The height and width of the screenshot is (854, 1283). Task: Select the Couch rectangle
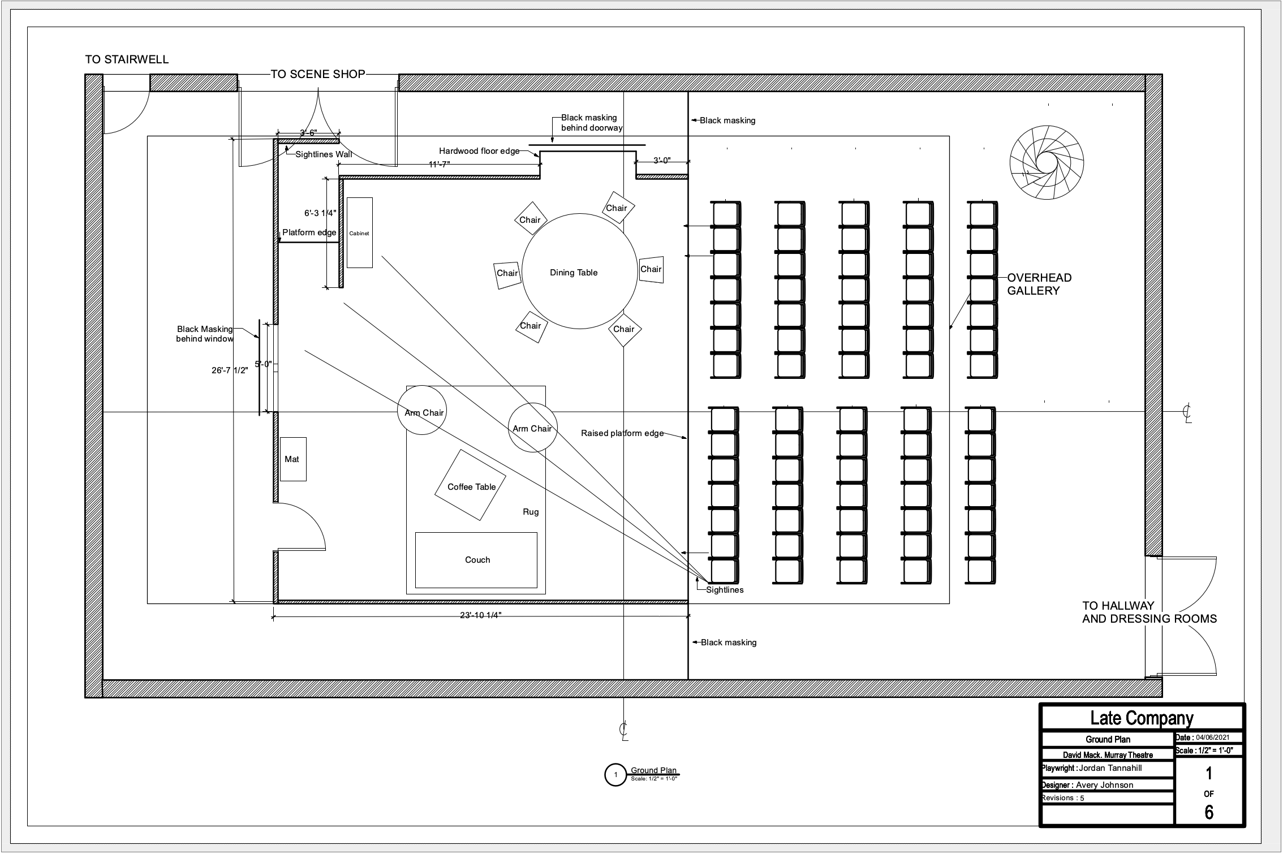click(x=476, y=560)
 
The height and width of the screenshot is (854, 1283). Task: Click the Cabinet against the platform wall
click(x=359, y=233)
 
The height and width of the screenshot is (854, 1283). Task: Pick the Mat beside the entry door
click(x=292, y=459)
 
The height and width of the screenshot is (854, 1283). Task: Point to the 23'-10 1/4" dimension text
click(x=480, y=615)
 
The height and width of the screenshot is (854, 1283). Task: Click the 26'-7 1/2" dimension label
click(x=230, y=370)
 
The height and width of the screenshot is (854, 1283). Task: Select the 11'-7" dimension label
click(x=439, y=165)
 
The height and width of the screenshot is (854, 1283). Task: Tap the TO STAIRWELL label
click(x=127, y=59)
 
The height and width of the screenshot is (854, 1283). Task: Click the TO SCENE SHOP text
click(x=318, y=74)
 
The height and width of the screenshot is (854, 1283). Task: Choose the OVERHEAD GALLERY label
click(x=1039, y=284)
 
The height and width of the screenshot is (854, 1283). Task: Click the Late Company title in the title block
click(x=1142, y=718)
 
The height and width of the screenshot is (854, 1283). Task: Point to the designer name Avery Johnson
click(x=1104, y=785)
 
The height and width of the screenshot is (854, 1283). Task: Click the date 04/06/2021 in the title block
click(x=1212, y=737)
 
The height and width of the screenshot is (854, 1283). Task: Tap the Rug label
click(x=531, y=512)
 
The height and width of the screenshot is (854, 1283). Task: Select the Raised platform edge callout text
click(x=622, y=433)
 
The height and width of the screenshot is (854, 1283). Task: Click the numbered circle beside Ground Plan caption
click(x=615, y=775)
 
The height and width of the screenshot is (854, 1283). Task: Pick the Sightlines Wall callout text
click(x=324, y=154)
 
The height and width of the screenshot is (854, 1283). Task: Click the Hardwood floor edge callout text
click(x=479, y=151)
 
